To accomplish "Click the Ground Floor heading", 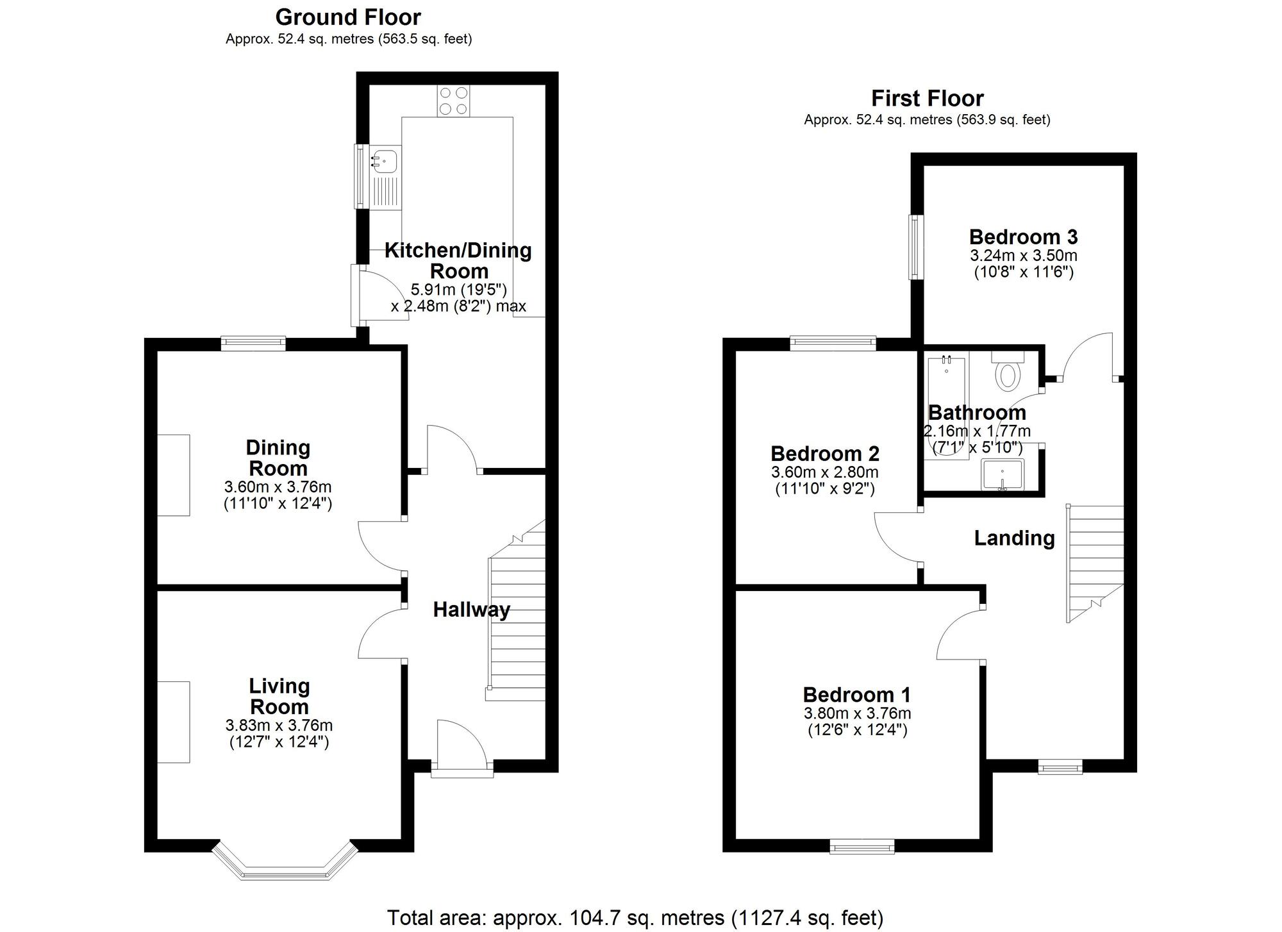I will [348, 17].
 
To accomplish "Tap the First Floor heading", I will [927, 99].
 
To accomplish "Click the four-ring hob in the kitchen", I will [454, 101].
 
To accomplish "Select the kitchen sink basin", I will [385, 160].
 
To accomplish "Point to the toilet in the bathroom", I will [1008, 375].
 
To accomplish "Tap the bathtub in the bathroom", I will [947, 407].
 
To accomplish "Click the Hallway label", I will [471, 610].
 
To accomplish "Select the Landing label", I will [1014, 538].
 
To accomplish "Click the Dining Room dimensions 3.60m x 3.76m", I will [278, 487].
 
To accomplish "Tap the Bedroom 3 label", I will [1023, 237].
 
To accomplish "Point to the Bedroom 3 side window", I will [916, 247].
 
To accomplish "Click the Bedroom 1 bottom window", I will [862, 847].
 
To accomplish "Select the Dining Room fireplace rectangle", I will [174, 475].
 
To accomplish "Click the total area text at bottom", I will [635, 918].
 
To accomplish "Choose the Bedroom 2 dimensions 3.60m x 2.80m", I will [824, 473].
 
